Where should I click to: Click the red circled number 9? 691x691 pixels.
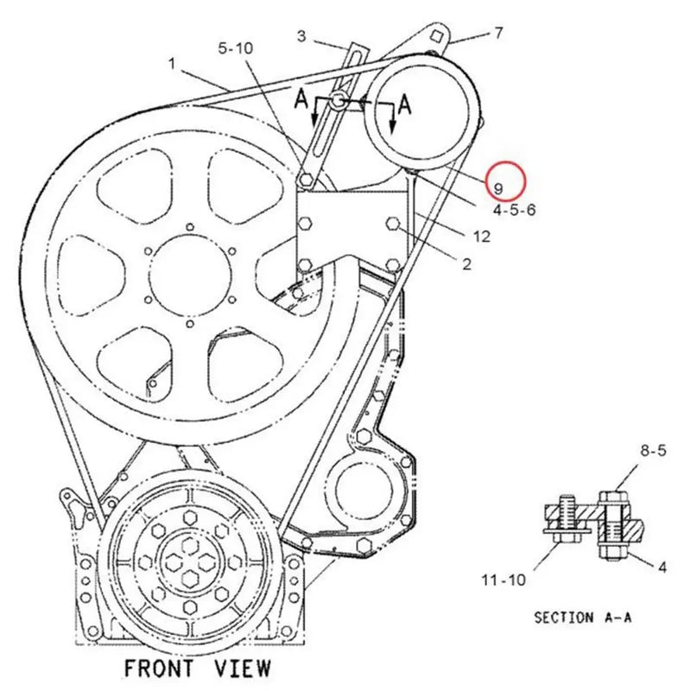(498, 187)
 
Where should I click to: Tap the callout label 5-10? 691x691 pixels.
(235, 49)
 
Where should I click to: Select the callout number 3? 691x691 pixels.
(301, 35)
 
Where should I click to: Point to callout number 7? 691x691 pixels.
(498, 34)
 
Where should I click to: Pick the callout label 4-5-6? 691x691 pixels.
(514, 209)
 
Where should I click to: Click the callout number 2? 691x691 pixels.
(466, 264)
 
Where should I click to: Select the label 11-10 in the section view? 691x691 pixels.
(504, 580)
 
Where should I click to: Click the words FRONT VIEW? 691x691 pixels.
(197, 668)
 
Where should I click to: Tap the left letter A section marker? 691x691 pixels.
(301, 99)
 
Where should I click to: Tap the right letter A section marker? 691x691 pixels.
(403, 105)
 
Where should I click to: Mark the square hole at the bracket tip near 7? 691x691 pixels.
(438, 35)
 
